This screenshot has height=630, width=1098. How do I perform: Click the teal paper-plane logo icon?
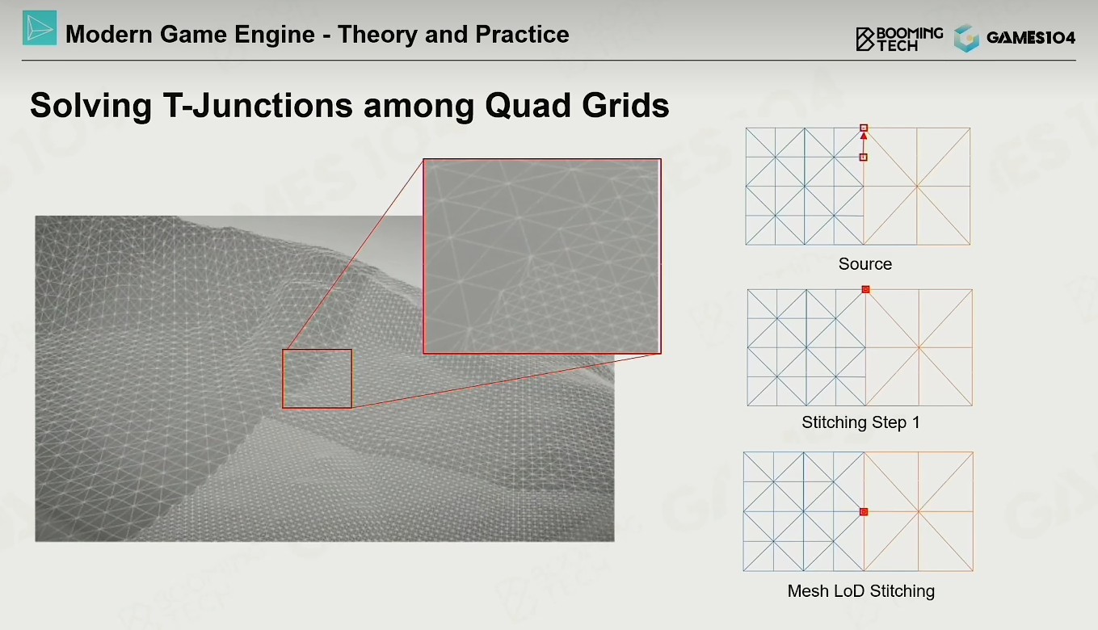point(40,28)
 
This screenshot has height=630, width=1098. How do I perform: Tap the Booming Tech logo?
point(899,39)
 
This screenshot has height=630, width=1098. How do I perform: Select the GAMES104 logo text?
point(1030,38)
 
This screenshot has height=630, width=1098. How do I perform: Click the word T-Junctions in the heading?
point(258,105)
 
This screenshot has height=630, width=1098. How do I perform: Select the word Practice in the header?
point(522,34)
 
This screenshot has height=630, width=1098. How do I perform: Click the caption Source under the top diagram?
point(865,264)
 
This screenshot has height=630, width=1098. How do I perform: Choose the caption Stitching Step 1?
point(860,422)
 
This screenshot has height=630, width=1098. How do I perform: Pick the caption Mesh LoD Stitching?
point(861,590)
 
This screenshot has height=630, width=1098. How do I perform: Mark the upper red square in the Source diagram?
point(864,128)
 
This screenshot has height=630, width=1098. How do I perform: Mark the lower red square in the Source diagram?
point(863,157)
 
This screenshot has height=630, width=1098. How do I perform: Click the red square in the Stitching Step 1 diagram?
point(865,289)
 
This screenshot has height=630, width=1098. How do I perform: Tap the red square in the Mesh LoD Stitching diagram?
point(864,512)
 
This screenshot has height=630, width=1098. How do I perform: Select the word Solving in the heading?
point(91,107)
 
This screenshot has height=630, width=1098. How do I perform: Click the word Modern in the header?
point(109,35)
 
